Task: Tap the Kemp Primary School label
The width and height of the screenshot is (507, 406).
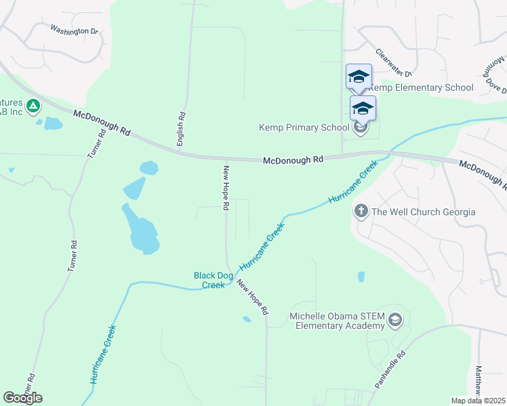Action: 304,127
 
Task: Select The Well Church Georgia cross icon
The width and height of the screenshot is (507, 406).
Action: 361,212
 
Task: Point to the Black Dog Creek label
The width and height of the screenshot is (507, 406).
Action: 214,280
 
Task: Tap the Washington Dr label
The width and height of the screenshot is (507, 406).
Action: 75,30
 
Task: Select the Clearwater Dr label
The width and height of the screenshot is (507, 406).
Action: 394,63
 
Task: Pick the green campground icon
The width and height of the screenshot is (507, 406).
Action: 33,106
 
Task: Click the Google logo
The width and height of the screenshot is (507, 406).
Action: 22,398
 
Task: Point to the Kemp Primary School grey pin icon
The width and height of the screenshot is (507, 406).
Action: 361,127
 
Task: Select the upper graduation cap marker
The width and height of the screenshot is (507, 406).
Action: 359,76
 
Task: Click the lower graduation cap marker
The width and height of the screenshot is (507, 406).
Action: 363,108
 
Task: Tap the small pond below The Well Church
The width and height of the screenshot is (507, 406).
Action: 361,276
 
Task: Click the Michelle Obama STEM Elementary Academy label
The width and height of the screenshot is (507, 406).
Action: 337,321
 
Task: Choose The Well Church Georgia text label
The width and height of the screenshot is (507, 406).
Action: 423,212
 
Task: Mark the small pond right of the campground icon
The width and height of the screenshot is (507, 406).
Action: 52,123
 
